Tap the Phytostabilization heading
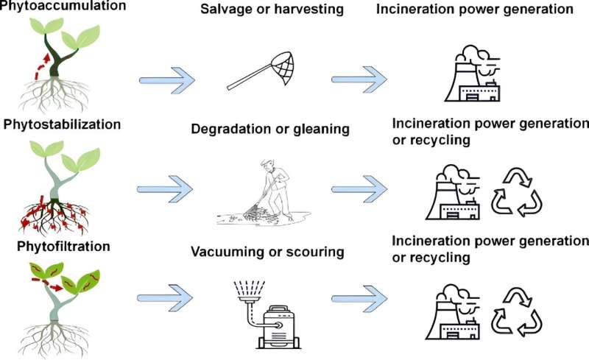click(x=62, y=124)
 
